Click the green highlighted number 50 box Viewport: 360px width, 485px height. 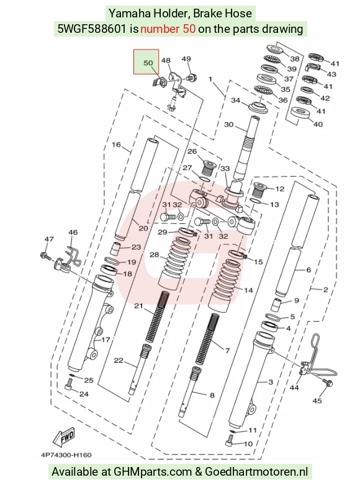tap(146, 62)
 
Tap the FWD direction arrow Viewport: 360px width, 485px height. tap(65, 437)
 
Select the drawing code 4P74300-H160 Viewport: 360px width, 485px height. tap(66, 455)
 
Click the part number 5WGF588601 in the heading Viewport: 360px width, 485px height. tap(92, 29)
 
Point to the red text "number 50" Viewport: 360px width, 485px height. tap(168, 29)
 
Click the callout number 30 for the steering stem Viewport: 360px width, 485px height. tap(228, 124)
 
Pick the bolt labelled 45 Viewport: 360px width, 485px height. tap(328, 383)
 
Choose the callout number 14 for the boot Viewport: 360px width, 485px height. tap(248, 290)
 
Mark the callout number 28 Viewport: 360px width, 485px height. tap(155, 254)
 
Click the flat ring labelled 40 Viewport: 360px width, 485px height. tap(300, 113)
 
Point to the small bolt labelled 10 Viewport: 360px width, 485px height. tap(230, 440)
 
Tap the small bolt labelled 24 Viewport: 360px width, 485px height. tap(68, 386)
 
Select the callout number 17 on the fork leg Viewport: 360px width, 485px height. tap(106, 340)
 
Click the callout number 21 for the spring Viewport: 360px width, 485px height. tap(138, 306)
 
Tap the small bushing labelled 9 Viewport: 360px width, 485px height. tap(276, 305)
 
